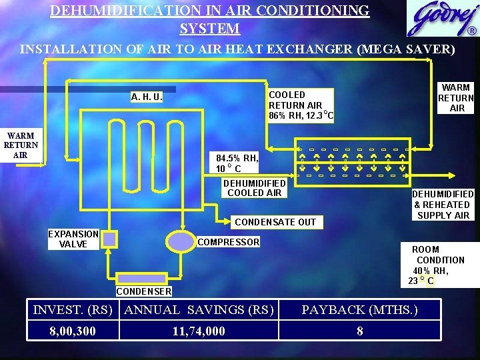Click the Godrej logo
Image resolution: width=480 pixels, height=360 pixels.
coord(441,19)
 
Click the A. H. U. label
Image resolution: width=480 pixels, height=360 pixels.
coord(147,97)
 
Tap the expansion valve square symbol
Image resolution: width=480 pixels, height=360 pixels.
coord(109,239)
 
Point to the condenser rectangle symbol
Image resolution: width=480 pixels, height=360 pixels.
coord(141,278)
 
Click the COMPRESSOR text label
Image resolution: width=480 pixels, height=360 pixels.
coord(228,242)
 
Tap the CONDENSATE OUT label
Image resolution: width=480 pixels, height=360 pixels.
coord(275,221)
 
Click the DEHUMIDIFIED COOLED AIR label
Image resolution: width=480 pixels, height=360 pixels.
coord(254,188)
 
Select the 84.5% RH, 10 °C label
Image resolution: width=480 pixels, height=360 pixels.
coord(237,163)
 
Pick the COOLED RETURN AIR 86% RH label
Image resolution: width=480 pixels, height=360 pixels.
coord(301,105)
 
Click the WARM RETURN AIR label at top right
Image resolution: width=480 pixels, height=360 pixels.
coord(456,97)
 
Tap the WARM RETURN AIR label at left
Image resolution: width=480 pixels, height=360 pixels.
coord(21,145)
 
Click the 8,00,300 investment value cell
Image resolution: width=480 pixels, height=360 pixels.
coord(73,331)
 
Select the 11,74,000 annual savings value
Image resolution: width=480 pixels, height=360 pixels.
coord(199,331)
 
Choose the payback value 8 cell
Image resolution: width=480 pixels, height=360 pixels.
coord(360,331)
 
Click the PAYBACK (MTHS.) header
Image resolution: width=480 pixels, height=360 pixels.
coord(360,309)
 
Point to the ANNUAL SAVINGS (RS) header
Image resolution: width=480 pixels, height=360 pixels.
coord(199,309)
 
